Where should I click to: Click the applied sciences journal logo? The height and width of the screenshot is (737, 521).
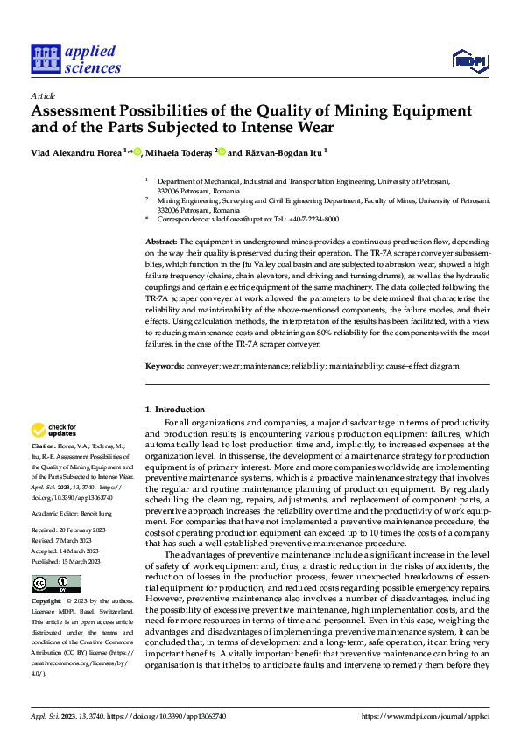(76, 59)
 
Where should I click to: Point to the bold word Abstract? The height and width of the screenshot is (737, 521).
(161, 240)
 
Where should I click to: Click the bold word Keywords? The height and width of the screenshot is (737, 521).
(164, 366)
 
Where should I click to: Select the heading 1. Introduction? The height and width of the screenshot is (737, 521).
(175, 410)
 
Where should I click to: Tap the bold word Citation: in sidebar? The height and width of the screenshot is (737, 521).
(45, 446)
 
